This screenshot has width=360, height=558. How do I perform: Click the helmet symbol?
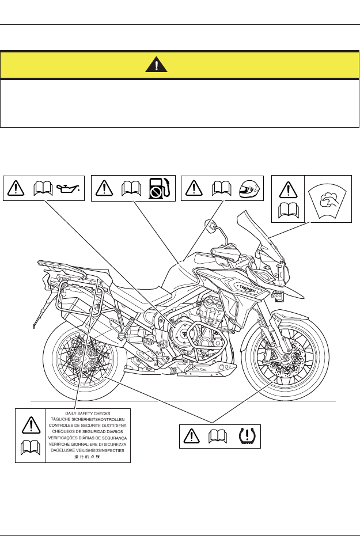point(249,187)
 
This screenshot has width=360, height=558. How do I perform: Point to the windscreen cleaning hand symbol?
point(328,199)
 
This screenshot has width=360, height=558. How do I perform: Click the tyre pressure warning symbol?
point(248,436)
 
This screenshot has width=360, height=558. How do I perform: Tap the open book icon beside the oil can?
point(43,187)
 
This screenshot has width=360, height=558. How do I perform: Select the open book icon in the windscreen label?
point(288,211)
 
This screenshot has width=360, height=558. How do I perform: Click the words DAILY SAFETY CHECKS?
point(88,413)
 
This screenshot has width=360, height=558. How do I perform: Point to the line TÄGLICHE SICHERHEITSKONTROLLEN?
point(88,420)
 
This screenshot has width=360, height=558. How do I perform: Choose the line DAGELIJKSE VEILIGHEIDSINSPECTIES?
point(88,450)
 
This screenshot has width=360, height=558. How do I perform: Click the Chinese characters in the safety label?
point(88,457)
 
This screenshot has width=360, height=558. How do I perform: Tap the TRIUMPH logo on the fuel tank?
point(246,286)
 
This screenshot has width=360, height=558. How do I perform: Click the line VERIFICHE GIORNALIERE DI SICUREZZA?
point(88,445)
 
